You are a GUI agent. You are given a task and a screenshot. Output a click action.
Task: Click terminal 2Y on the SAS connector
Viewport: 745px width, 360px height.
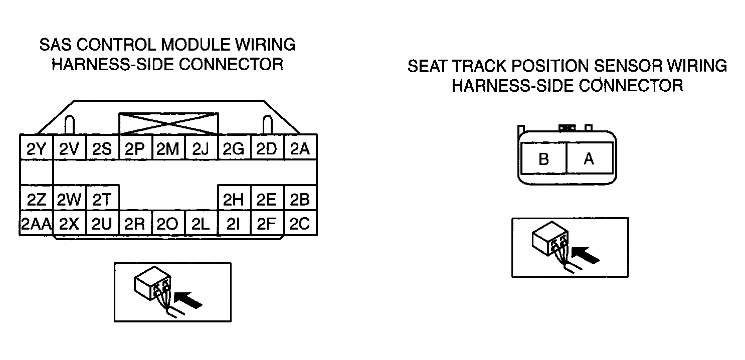pos(36,147)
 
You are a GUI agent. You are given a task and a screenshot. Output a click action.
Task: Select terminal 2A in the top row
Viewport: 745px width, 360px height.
pos(300,147)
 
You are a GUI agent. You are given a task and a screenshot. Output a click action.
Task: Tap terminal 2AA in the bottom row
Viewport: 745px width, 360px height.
pos(36,223)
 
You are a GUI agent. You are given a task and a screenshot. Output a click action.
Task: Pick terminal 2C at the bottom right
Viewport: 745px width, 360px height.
pos(300,223)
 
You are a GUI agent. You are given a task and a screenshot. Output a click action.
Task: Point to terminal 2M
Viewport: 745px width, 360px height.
pos(168,147)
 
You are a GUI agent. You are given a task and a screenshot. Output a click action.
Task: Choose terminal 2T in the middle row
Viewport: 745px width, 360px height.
pos(102,198)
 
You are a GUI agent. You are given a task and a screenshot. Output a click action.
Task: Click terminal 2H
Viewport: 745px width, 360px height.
pos(234,198)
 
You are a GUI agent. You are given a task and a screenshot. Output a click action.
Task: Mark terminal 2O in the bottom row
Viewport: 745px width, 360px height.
pos(168,223)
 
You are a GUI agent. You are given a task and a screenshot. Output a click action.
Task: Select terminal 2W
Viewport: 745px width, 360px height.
pos(69,198)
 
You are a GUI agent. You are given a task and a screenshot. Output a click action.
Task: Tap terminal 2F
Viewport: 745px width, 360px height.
pos(267,223)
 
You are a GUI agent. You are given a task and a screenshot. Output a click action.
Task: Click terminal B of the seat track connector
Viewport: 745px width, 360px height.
pos(543,158)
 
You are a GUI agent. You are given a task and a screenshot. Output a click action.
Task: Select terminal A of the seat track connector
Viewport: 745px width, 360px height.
pos(590,158)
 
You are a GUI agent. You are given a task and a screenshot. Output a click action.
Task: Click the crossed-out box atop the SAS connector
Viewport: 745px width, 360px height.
pos(168,124)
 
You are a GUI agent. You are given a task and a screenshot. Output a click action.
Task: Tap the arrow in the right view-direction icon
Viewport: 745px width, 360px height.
pos(586,255)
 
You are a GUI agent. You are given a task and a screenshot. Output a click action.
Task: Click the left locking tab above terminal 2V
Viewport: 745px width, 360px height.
pos(70,125)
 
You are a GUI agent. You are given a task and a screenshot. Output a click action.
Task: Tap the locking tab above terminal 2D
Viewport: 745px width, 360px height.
pos(268,125)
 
